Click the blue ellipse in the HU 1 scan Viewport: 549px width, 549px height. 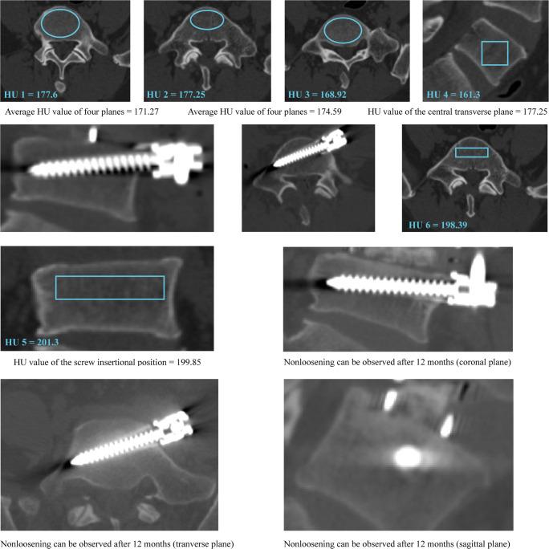click(x=59, y=24)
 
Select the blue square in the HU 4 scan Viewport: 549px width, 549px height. click(x=494, y=53)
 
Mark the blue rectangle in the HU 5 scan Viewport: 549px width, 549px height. click(x=109, y=287)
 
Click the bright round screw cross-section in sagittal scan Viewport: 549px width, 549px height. click(x=405, y=457)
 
